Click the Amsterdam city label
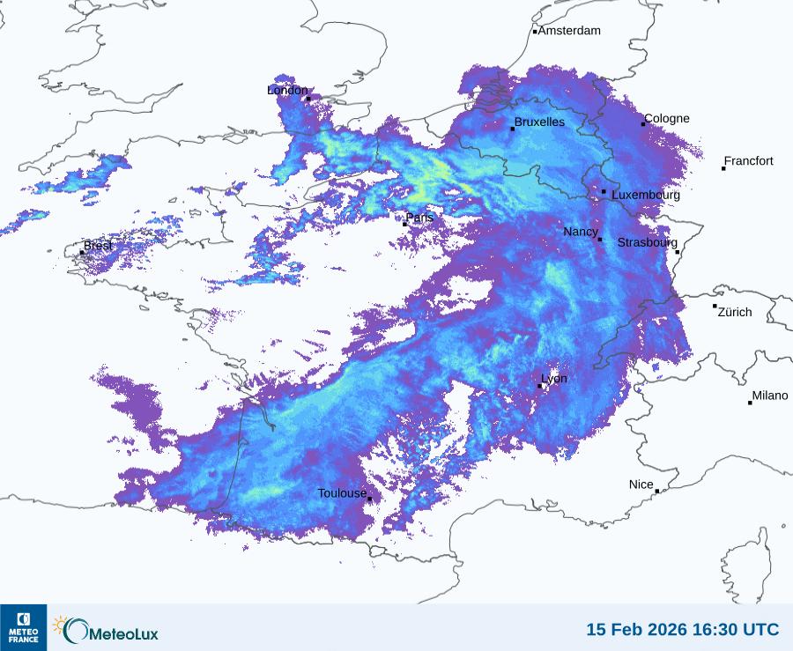click(569, 31)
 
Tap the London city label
click(287, 90)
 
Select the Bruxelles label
click(539, 122)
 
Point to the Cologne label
click(667, 119)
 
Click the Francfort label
click(749, 161)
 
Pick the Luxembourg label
click(646, 195)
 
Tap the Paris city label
click(420, 218)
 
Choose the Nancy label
click(581, 232)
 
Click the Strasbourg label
click(648, 242)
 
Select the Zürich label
click(735, 312)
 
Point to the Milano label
click(770, 396)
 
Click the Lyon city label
click(554, 379)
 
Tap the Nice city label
click(641, 485)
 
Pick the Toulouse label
click(342, 493)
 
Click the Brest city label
click(98, 246)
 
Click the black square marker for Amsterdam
click(535, 32)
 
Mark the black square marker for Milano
click(750, 403)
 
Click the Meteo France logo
click(23, 627)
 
